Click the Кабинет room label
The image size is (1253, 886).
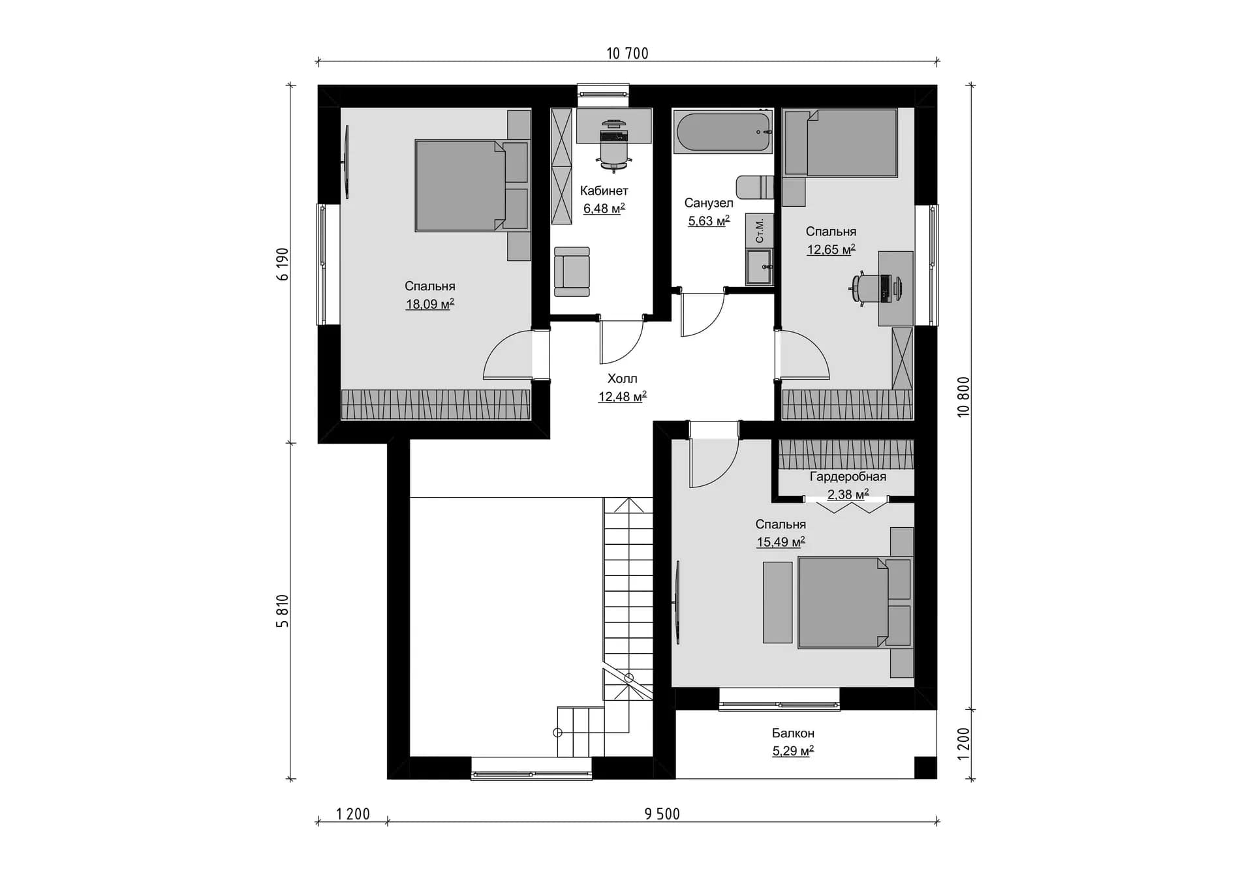pos(604,191)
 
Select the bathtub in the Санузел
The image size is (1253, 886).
pos(722,132)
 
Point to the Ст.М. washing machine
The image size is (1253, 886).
pos(760,231)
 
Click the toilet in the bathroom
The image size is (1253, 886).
pos(755,187)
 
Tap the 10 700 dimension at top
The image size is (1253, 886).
pos(627,53)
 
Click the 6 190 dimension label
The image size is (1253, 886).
pos(283,264)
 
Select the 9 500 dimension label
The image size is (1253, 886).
pos(662,814)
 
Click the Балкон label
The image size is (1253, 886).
pos(793,733)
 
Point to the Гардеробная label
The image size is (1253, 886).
pos(848,477)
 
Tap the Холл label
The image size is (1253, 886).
pos(623,378)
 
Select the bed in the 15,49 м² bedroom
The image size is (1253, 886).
pos(854,602)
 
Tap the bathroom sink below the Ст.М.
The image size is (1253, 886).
pos(759,267)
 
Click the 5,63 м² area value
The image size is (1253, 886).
pos(709,221)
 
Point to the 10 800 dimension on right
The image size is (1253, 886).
pos(963,397)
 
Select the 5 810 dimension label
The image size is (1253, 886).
pos(283,611)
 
